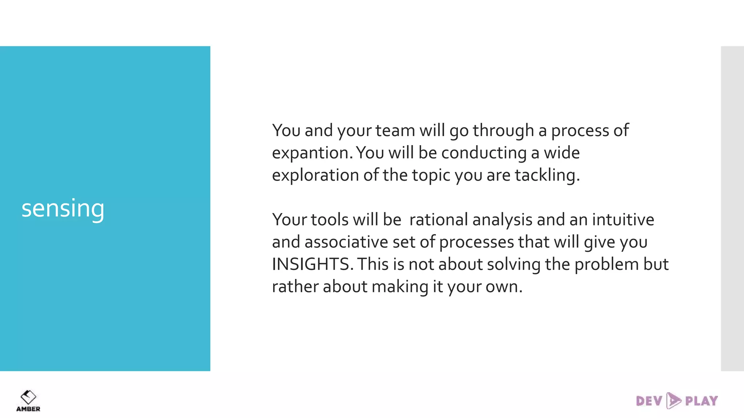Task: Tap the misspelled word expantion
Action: tap(312, 153)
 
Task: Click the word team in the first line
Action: tap(395, 131)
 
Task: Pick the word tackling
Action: tap(546, 176)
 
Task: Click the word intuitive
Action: tap(623, 220)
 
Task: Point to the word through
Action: tap(503, 131)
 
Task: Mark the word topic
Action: tap(431, 176)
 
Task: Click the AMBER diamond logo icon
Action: tap(28, 397)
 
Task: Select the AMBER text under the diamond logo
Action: tap(28, 409)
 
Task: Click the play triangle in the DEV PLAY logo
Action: tap(673, 401)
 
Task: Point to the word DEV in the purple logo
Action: tap(649, 401)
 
